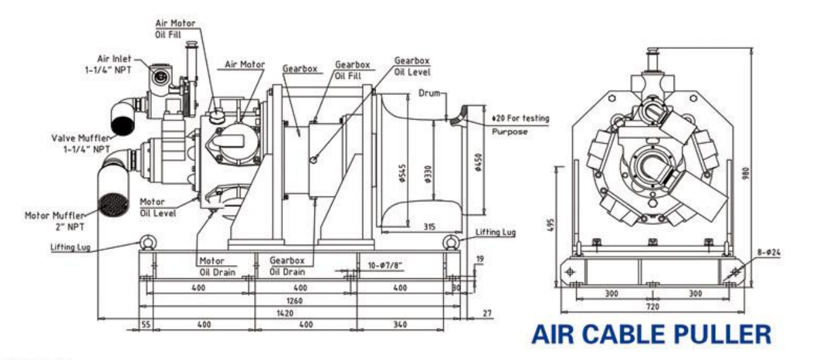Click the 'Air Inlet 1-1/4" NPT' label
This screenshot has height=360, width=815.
click(x=113, y=64)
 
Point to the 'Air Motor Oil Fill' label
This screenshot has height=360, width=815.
click(x=175, y=28)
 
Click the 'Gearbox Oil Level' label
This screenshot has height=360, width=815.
click(x=412, y=65)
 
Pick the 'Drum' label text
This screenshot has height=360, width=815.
click(x=428, y=94)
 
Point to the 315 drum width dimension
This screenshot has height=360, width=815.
click(x=429, y=226)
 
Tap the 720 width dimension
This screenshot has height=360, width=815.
click(x=652, y=306)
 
